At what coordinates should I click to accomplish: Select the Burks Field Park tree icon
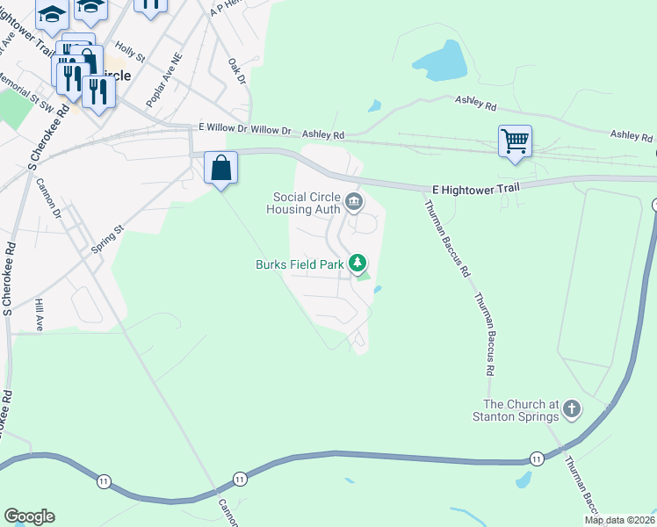click(357, 263)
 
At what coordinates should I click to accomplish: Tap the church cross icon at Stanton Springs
click(572, 409)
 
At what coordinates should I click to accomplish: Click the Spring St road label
click(108, 238)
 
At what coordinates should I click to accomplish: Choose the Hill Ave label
click(39, 314)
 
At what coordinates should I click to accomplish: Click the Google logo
click(29, 516)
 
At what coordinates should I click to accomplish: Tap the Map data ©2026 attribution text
click(620, 520)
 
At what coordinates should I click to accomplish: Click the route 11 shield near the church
click(536, 458)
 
